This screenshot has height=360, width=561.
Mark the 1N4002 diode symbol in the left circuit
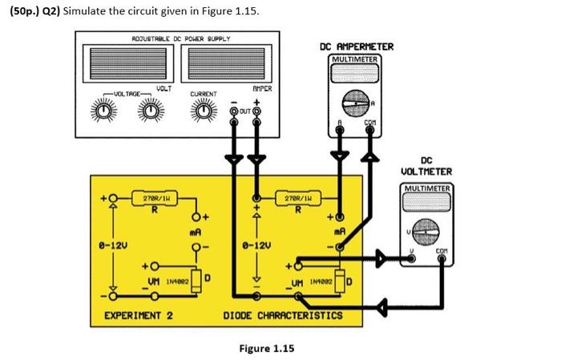tap(195, 280)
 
